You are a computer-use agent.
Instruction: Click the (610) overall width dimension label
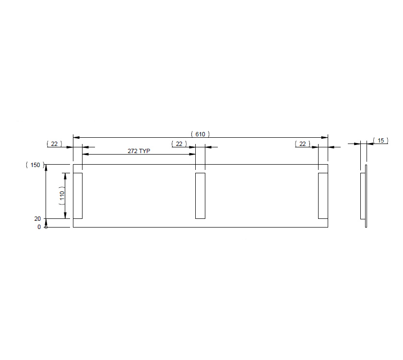click(201, 134)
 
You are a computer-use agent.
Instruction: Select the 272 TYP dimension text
click(139, 151)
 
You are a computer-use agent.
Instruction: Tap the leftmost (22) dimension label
click(54, 144)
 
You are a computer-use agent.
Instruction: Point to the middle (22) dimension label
click(179, 144)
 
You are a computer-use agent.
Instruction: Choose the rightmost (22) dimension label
click(302, 144)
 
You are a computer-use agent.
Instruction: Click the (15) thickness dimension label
click(380, 140)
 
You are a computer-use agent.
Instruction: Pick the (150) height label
click(35, 165)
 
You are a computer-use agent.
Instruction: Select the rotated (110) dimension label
click(61, 196)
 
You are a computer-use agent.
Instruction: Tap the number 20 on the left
click(37, 218)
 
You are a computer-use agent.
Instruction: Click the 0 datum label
click(39, 227)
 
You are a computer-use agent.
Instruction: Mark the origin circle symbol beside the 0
click(46, 227)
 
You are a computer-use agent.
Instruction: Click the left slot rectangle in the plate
click(78, 196)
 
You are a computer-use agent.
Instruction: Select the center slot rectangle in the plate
click(200, 196)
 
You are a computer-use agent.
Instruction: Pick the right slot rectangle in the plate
click(323, 196)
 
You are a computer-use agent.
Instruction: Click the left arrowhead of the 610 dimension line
click(76, 138)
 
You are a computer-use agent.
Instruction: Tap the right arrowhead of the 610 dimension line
click(325, 138)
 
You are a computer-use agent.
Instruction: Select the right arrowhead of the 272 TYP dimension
click(193, 154)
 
